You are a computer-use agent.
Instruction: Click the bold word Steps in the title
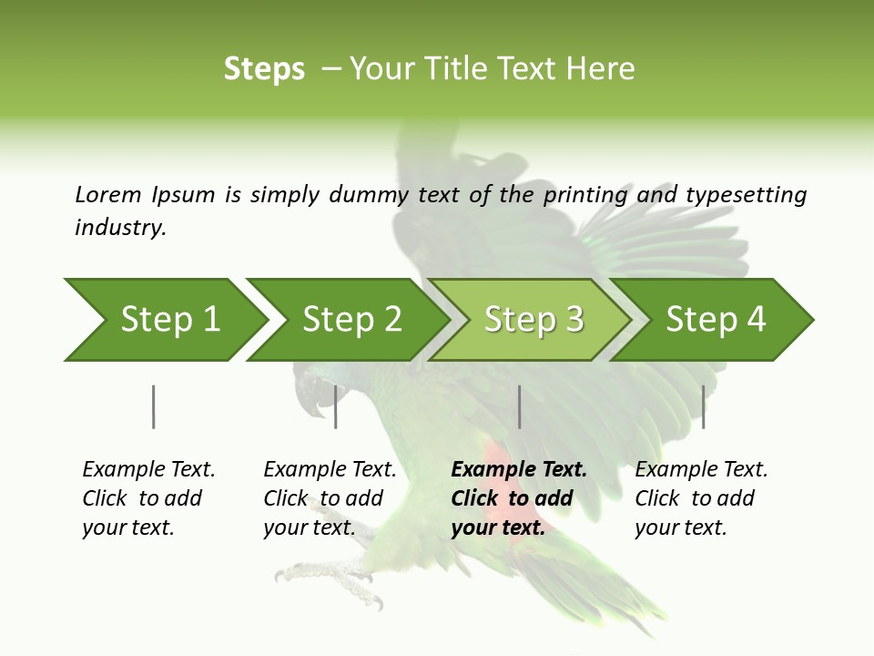(x=264, y=69)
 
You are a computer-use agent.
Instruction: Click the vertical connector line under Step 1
(x=154, y=406)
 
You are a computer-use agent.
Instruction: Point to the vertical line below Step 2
(x=336, y=406)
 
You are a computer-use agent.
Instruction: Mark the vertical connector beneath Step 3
(x=519, y=406)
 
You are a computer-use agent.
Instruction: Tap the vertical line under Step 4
(x=703, y=406)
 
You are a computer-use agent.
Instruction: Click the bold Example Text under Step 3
(x=517, y=498)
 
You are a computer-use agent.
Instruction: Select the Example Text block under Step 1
(x=147, y=498)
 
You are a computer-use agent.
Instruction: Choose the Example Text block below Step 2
(x=329, y=498)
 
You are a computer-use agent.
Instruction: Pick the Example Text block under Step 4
(x=700, y=498)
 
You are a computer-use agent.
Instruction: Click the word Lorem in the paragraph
(x=108, y=195)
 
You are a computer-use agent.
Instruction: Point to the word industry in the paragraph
(x=120, y=228)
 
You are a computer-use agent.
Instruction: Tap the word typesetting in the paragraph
(x=746, y=195)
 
